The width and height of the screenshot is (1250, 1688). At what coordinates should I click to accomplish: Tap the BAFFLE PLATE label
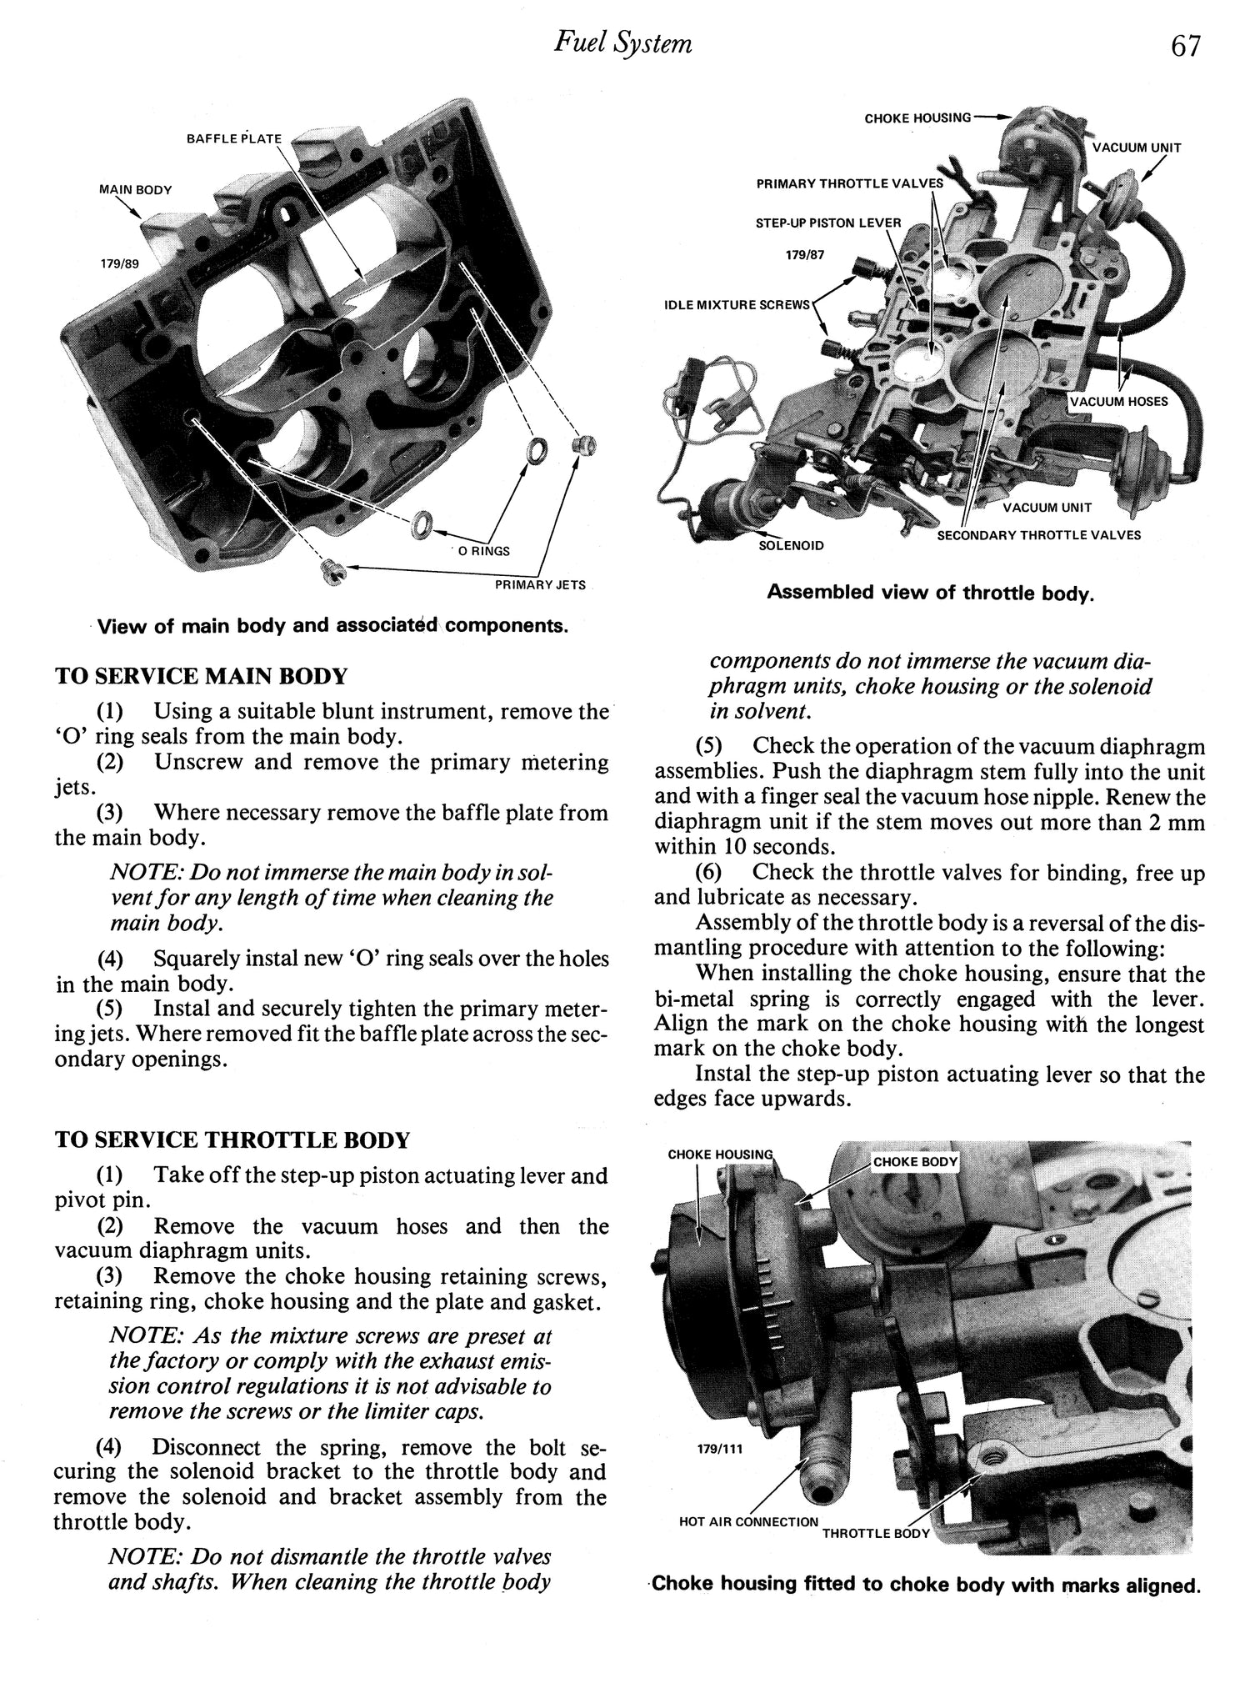234,138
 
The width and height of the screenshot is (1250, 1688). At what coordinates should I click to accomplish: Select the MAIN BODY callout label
136,189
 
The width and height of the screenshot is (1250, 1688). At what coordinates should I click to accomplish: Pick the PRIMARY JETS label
540,585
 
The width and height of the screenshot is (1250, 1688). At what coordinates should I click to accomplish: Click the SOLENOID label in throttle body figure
791,545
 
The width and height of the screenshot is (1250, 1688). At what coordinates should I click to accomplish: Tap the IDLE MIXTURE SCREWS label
737,305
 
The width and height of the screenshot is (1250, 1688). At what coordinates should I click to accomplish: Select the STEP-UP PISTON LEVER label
828,223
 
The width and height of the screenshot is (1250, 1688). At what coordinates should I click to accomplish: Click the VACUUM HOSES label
1119,402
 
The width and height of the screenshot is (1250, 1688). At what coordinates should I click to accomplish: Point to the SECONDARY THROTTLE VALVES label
1038,535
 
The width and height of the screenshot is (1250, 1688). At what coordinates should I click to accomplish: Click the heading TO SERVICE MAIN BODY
201,676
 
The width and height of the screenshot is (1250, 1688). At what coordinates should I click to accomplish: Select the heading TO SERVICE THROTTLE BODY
232,1140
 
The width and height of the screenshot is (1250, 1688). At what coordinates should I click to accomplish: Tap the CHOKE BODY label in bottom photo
915,1161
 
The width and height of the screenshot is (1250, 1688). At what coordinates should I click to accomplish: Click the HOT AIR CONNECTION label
748,1521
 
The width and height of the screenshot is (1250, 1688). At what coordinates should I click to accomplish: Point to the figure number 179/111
719,1448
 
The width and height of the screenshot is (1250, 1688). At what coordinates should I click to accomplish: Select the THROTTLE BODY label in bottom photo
875,1533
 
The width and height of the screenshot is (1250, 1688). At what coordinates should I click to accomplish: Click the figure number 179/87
804,255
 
